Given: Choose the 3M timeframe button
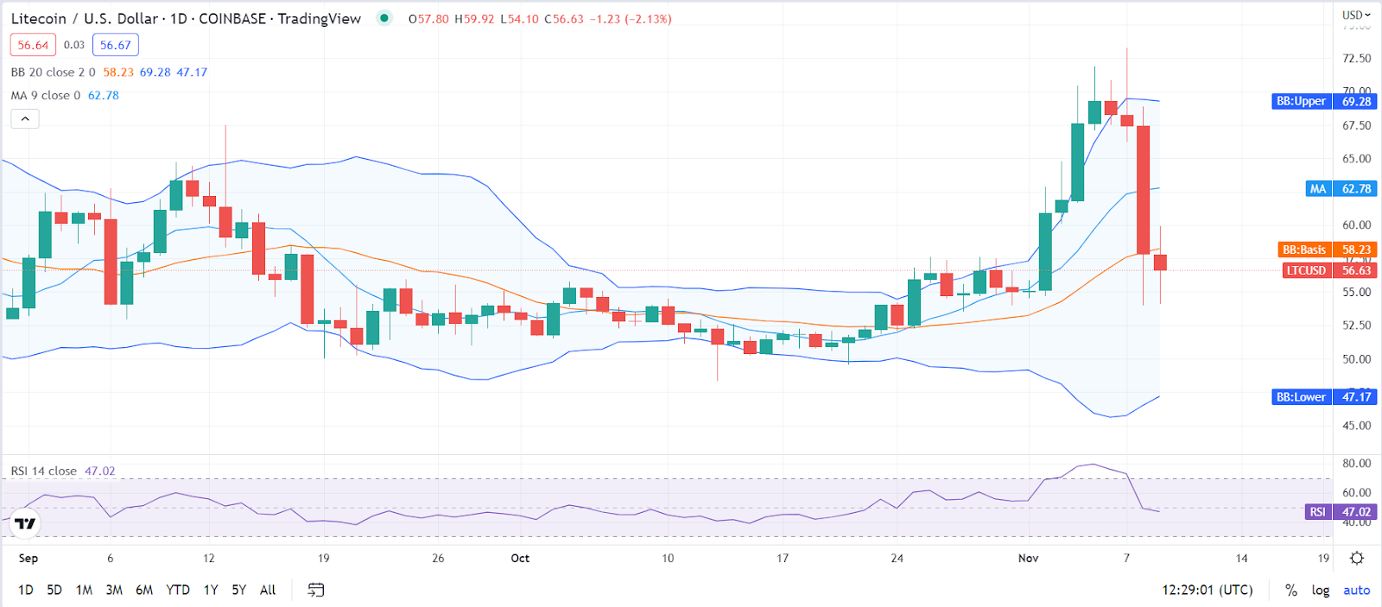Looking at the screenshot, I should pyautogui.click(x=114, y=590).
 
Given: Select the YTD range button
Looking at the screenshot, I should pyautogui.click(x=178, y=590).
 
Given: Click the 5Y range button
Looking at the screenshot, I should pyautogui.click(x=239, y=590).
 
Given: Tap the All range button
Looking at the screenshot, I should pyautogui.click(x=268, y=590).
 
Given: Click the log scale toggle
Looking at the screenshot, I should pyautogui.click(x=1321, y=590).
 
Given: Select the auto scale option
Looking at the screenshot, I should pyautogui.click(x=1356, y=590).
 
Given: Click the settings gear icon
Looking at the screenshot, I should pyautogui.click(x=1357, y=558).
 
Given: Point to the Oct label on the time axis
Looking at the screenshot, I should pyautogui.click(x=520, y=558).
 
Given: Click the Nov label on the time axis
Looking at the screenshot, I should pyautogui.click(x=1028, y=558).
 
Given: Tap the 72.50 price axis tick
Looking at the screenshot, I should pyautogui.click(x=1356, y=58).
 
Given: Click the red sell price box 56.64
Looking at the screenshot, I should pyautogui.click(x=33, y=45).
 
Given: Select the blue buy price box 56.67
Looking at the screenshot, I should pyautogui.click(x=116, y=45).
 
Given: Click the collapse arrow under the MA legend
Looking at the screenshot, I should pyautogui.click(x=25, y=118).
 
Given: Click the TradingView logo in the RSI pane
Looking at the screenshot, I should pyautogui.click(x=25, y=523).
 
